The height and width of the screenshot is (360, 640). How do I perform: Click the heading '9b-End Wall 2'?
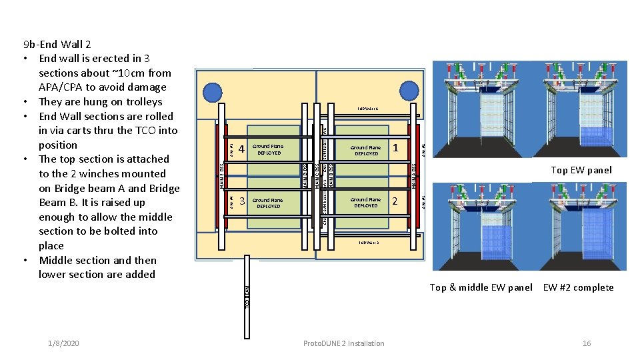57,45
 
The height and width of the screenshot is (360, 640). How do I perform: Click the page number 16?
587,343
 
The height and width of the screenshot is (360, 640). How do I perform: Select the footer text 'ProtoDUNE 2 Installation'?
343,343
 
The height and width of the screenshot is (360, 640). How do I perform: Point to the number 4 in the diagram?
242,149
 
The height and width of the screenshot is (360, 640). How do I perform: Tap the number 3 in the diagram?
242,201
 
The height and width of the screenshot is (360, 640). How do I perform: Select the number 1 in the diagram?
395,147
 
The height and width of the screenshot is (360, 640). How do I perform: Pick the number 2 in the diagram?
395,201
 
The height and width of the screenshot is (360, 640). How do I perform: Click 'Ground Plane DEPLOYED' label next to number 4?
269,149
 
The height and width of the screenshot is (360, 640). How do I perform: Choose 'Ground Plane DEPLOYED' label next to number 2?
366,202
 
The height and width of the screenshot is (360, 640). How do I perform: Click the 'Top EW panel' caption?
581,170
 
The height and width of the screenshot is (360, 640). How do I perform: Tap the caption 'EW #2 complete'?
578,287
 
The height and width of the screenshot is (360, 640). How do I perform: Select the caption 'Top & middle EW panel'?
481,287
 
